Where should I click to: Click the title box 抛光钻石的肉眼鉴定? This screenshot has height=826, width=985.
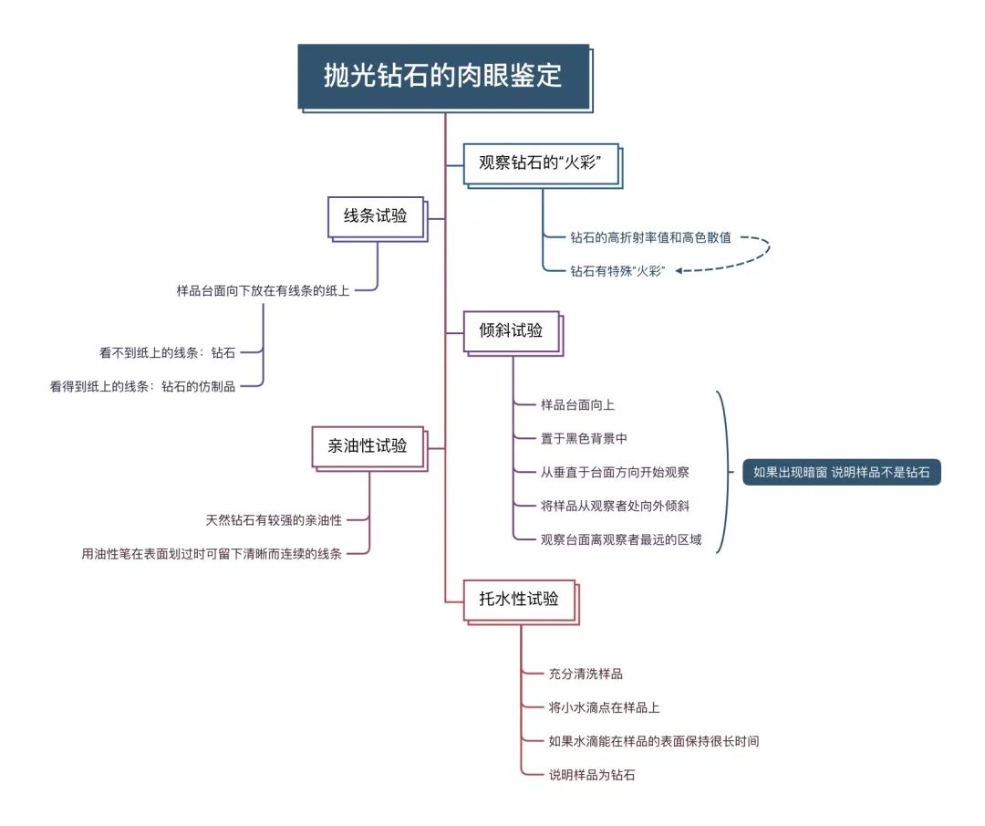pos(444,77)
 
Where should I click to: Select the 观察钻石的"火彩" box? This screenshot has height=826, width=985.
pos(542,164)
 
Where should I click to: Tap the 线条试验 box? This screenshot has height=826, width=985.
pos(377,217)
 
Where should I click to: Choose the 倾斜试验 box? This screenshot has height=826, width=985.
pos(512,332)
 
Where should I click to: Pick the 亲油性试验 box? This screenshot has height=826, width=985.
pos(368,447)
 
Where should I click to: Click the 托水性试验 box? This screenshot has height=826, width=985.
pos(520,601)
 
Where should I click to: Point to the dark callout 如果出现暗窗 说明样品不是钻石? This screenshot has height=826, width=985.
pos(841,472)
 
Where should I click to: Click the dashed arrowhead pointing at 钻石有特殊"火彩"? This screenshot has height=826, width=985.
pos(679,271)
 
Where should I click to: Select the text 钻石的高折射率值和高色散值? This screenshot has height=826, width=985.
pos(651,237)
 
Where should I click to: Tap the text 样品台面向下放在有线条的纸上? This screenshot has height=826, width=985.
pos(263,290)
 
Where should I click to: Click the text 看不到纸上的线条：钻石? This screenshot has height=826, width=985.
pos(167,352)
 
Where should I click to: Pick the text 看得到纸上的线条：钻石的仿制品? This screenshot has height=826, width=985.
pos(142,386)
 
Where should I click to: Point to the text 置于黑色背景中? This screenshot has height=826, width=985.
pos(584,438)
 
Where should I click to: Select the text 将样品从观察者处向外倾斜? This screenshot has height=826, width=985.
pos(615,506)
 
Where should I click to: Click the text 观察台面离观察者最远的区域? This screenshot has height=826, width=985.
pos(621,539)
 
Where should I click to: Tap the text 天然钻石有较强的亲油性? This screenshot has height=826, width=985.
pos(274,520)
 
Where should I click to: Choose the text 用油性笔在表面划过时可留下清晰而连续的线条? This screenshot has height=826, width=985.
pos(212,554)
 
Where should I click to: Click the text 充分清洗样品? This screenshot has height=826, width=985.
pos(586,674)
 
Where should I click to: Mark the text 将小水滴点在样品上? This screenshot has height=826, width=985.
pos(605,707)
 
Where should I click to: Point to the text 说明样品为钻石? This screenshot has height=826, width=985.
pos(592,775)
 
